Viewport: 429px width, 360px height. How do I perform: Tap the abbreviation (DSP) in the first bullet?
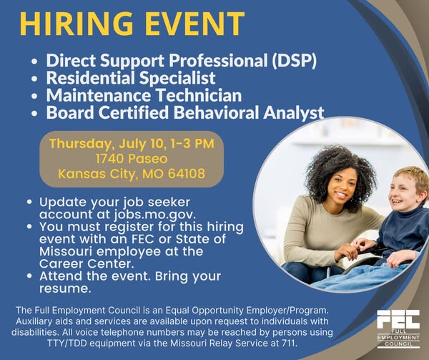pyautogui.click(x=294, y=61)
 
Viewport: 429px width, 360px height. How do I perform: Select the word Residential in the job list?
pyautogui.click(x=91, y=78)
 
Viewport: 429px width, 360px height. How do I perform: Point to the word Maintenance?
pyautogui.click(x=99, y=95)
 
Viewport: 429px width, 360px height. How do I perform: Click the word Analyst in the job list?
pyautogui.click(x=294, y=113)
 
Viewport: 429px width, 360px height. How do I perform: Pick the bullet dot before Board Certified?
pyautogui.click(x=34, y=113)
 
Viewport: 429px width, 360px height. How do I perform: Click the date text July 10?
pyautogui.click(x=142, y=144)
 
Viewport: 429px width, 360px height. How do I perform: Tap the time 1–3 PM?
pyautogui.click(x=192, y=144)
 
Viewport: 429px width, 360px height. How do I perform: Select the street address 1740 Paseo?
pyautogui.click(x=132, y=159)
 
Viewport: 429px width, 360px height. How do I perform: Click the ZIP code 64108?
pyautogui.click(x=187, y=174)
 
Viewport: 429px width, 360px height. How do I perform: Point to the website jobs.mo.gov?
pyautogui.click(x=155, y=215)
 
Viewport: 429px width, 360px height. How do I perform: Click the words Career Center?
pyautogui.click(x=87, y=263)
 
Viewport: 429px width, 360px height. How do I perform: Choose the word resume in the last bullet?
pyautogui.click(x=65, y=288)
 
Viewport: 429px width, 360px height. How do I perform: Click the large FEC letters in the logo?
pyautogui.click(x=398, y=319)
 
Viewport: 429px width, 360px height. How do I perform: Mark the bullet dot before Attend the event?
pyautogui.click(x=29, y=276)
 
